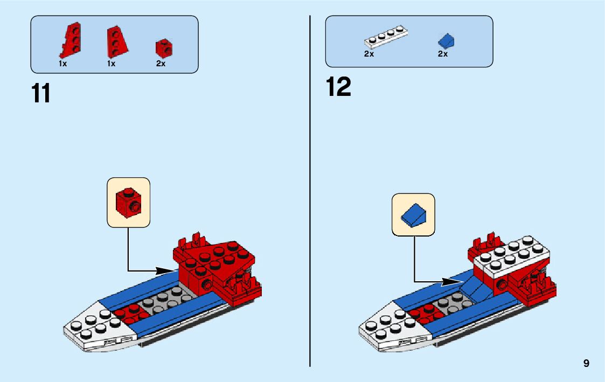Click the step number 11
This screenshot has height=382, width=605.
41,93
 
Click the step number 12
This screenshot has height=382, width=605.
338,87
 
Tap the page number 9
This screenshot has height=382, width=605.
586,364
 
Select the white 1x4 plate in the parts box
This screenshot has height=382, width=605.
386,38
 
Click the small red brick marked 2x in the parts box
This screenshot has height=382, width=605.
164,48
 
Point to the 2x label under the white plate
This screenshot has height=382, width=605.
369,54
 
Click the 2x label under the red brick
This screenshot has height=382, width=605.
161,64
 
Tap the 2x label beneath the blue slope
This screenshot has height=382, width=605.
443,54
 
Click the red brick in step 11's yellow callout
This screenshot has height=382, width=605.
128,202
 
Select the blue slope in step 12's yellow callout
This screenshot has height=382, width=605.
413,214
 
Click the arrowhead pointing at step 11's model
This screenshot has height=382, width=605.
169,270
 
